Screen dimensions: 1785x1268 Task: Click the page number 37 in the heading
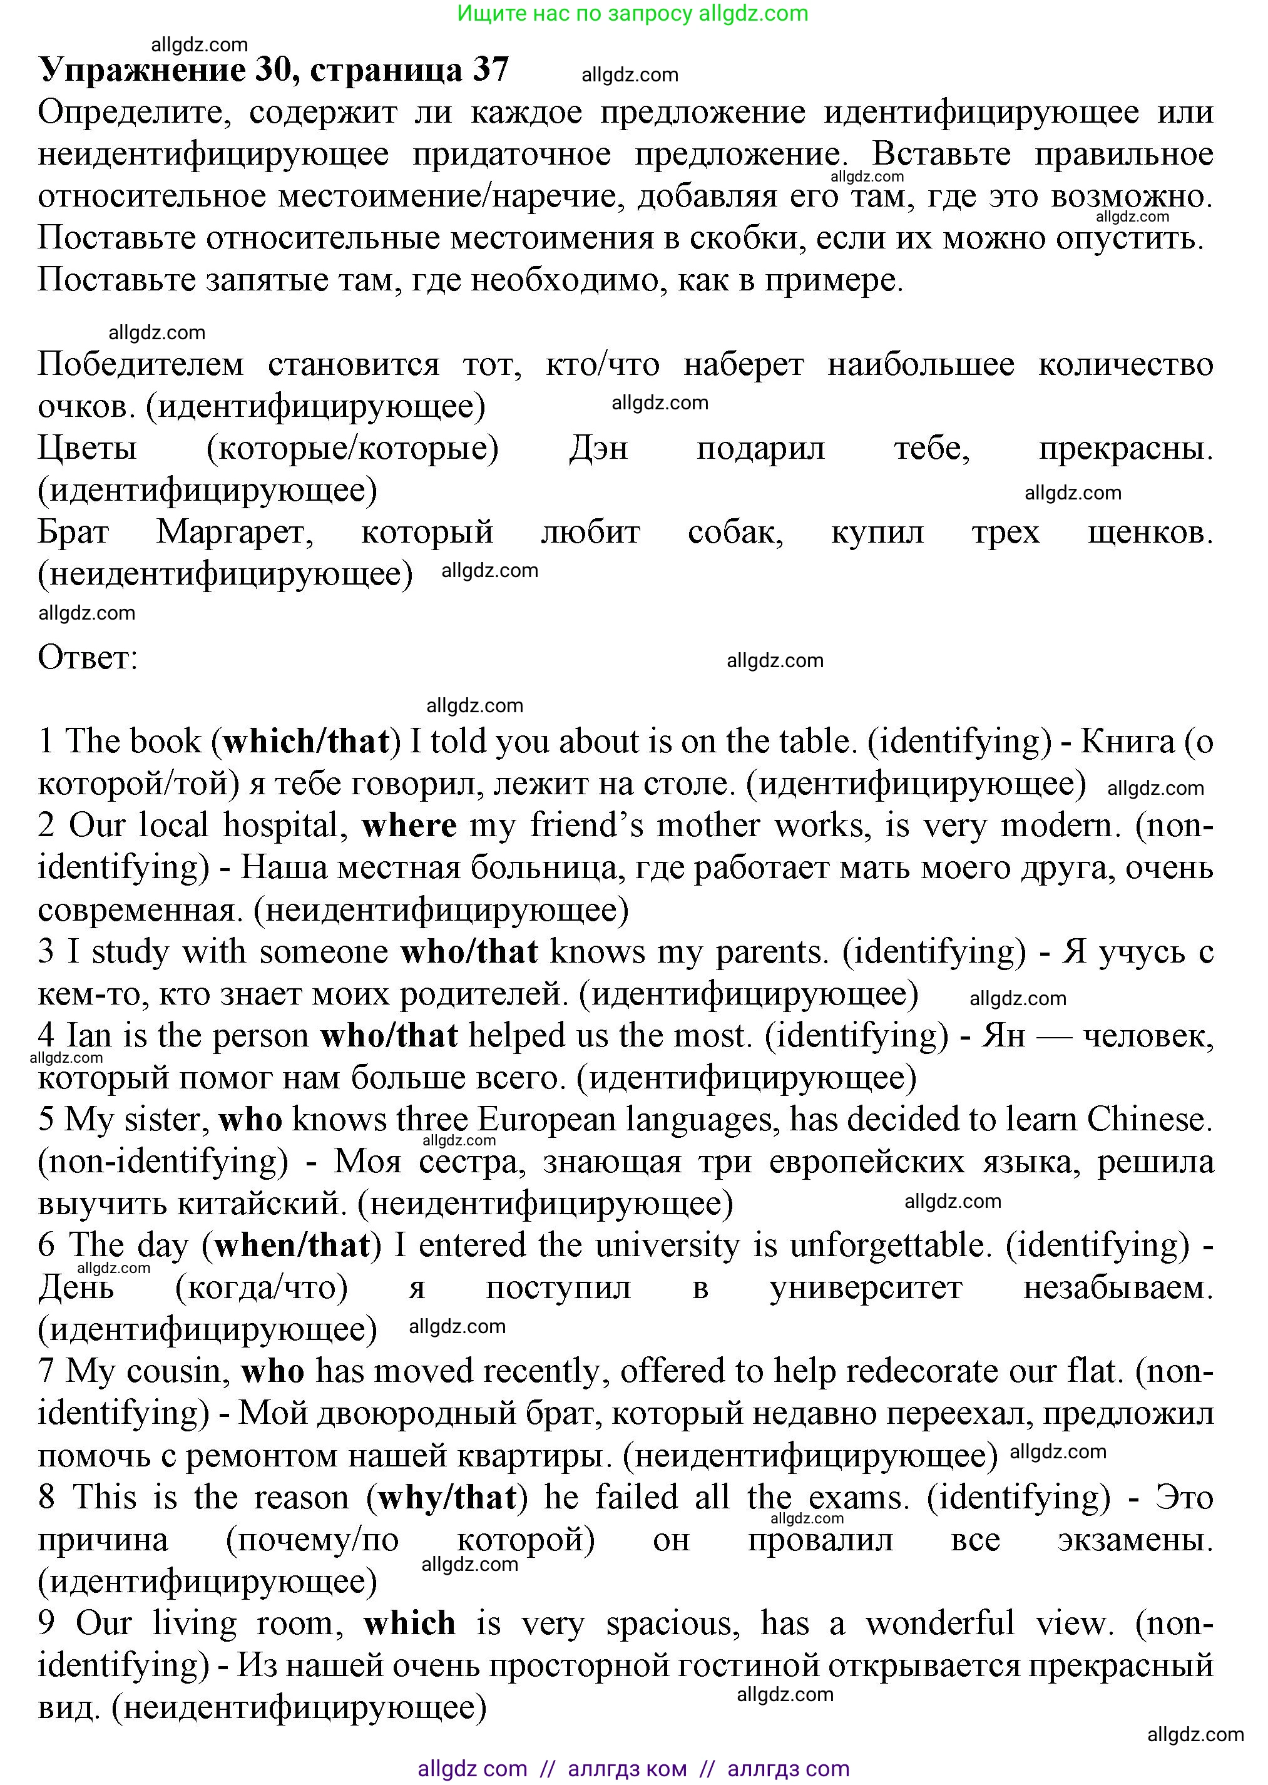pyautogui.click(x=490, y=70)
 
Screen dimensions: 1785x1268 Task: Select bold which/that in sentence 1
pyautogui.click(x=306, y=742)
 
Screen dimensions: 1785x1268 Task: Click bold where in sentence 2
pyautogui.click(x=409, y=826)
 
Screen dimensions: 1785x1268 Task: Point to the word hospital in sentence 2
pyautogui.click(x=286, y=826)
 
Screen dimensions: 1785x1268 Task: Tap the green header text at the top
pyautogui.click(x=633, y=13)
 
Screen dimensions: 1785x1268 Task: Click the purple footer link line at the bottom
pyautogui.click(x=633, y=1769)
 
